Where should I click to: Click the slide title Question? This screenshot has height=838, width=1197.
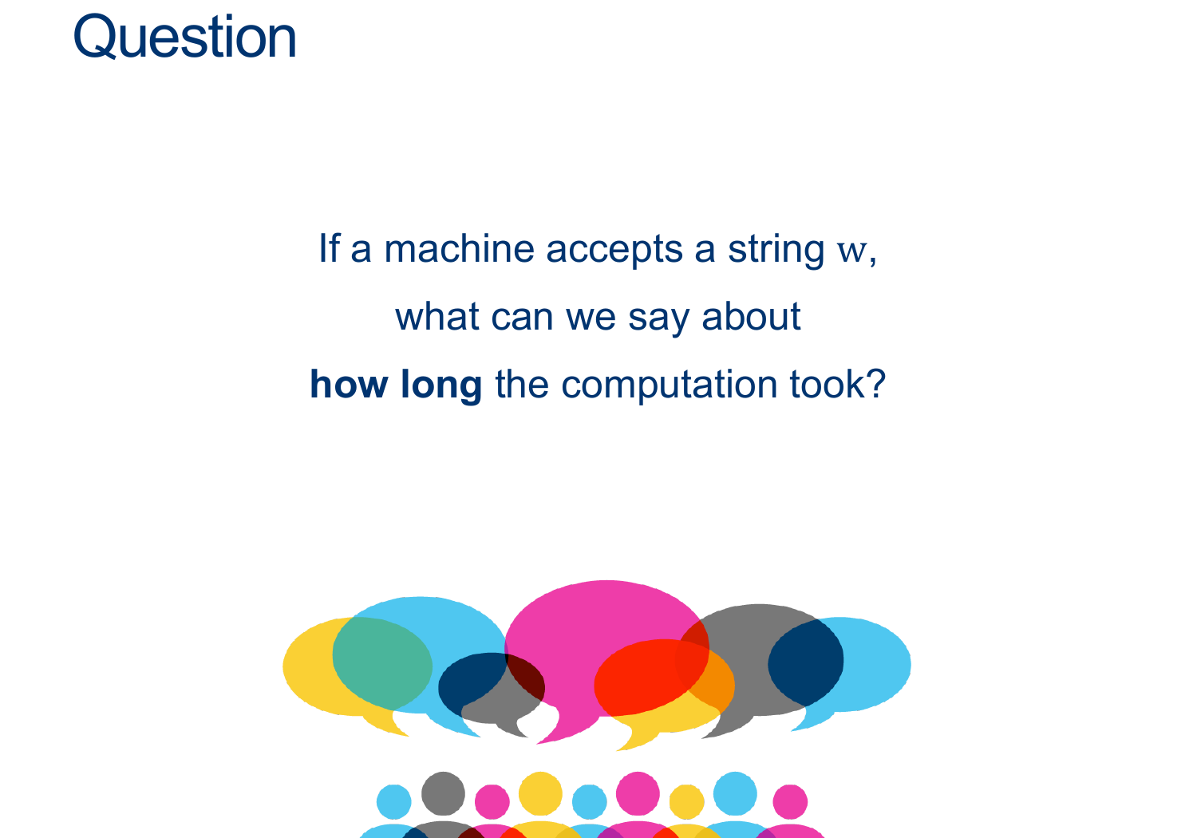pos(184,37)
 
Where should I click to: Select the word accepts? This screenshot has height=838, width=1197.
pos(614,250)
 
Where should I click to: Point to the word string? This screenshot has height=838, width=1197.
pos(776,250)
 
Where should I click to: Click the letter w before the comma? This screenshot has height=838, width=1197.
pos(851,252)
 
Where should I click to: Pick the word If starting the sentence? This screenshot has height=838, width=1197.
pos(329,248)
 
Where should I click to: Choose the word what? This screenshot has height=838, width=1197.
pos(437,316)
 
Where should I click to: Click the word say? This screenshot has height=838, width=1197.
pos(659,319)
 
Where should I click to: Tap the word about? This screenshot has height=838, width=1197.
pos(752,316)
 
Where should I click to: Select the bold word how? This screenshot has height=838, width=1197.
pos(349,384)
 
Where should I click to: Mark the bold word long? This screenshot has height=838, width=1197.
pos(441,385)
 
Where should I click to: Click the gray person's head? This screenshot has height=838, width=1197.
pos(443,793)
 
